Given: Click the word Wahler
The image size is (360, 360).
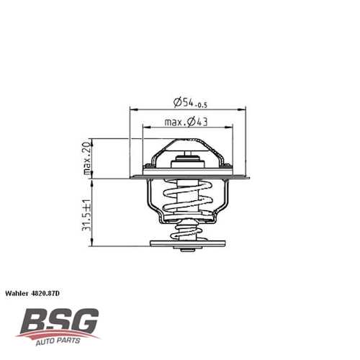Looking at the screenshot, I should (x=19, y=294).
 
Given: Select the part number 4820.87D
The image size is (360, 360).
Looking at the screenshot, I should (x=50, y=294).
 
